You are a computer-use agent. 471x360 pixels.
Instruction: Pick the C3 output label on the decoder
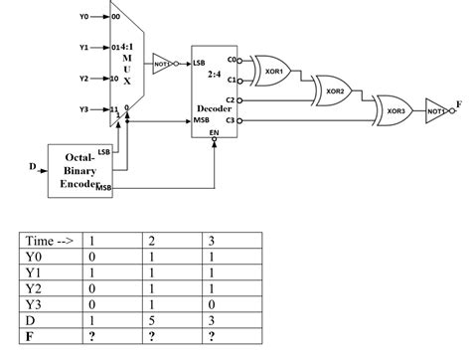click(232, 120)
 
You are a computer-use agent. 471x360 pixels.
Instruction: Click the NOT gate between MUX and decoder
click(161, 63)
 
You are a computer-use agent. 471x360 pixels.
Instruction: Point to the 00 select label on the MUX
click(118, 17)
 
